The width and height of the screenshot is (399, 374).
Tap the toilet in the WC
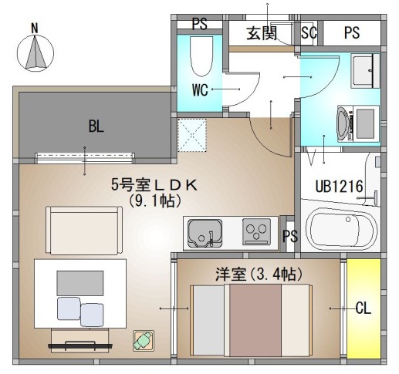[201, 56]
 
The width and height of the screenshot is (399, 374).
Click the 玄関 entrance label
[262, 33]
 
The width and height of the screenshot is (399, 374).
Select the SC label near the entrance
[309, 32]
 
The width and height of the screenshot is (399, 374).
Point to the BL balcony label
[96, 126]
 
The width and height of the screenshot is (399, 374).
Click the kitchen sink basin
[205, 234]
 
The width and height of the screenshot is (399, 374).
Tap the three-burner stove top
[256, 231]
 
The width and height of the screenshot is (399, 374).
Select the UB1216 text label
[339, 187]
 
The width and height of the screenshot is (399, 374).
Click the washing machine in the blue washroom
[358, 124]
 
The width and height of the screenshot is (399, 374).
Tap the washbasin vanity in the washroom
[365, 70]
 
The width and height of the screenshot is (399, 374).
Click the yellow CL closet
[363, 308]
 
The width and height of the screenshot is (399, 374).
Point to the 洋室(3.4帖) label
[259, 275]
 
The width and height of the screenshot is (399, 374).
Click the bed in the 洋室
[251, 321]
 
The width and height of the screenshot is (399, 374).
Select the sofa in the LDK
[84, 231]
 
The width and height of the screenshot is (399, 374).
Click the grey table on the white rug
[80, 283]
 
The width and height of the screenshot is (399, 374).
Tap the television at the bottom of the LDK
[80, 345]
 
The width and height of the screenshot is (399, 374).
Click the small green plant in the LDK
[144, 341]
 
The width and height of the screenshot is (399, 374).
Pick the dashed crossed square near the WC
[192, 135]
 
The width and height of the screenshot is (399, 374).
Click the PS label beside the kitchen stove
[290, 236]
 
